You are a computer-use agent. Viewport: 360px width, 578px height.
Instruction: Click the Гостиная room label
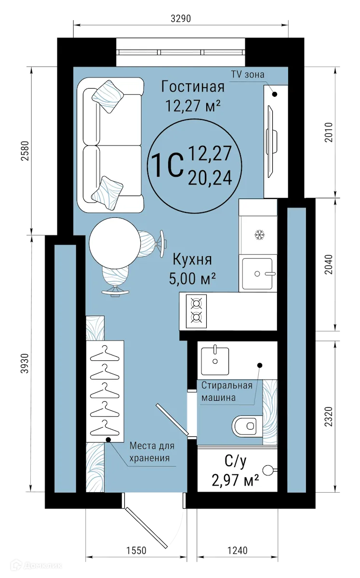193,87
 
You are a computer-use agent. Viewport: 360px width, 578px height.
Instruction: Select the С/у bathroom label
236,462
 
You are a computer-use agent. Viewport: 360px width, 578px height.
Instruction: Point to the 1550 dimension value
136,551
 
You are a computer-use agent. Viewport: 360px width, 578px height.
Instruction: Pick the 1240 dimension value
237,551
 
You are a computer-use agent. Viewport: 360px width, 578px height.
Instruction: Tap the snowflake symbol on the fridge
260,236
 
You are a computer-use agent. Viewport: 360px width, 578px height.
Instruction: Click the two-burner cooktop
196,310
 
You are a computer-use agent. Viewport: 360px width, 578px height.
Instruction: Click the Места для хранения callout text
151,452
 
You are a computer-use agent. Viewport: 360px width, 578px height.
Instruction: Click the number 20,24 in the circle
210,179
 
